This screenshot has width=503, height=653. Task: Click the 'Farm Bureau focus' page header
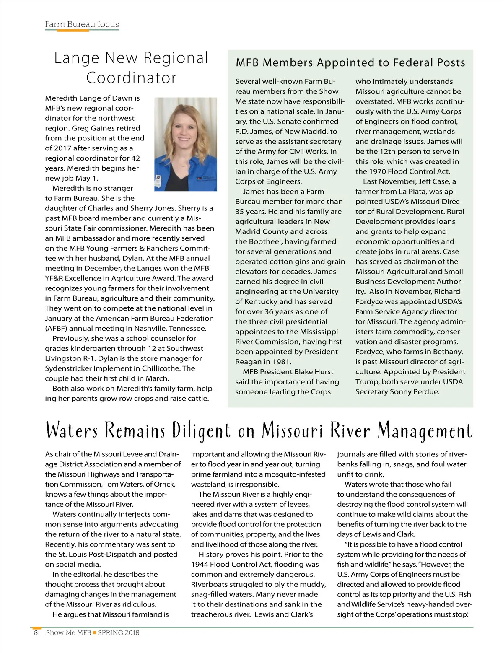click(x=82, y=24)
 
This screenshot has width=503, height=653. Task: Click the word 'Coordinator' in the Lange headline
click(x=131, y=78)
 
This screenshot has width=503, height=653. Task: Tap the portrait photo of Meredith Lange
click(x=186, y=144)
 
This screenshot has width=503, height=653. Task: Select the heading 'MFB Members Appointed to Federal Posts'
click(x=350, y=63)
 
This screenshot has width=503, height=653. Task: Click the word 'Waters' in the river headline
click(x=72, y=431)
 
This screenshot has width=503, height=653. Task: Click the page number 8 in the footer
click(x=36, y=632)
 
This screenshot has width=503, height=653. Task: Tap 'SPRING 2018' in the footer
click(x=119, y=632)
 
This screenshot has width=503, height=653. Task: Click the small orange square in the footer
click(x=95, y=632)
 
